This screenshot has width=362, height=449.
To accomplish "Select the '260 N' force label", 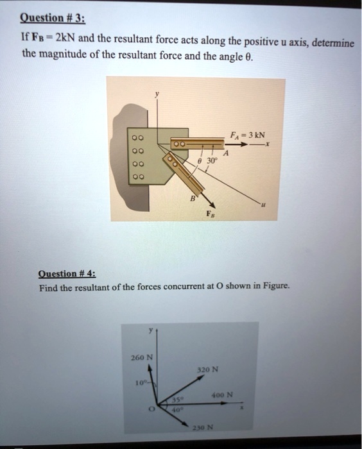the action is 141,357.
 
